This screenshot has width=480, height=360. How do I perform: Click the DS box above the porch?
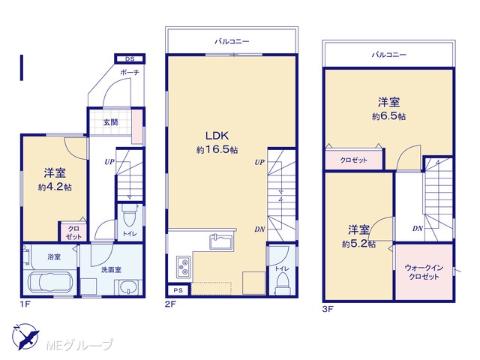tap(130, 58)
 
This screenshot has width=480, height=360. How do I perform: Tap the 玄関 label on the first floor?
tap(110, 122)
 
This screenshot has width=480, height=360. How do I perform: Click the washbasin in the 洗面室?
tap(128, 288)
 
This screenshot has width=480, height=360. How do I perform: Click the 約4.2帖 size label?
tap(55, 187)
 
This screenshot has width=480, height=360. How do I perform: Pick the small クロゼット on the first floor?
tap(73, 232)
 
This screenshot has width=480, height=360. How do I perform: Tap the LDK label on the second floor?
tap(217, 136)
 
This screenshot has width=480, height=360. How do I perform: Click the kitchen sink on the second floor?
tap(222, 241)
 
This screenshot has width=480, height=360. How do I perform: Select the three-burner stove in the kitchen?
tap(184, 267)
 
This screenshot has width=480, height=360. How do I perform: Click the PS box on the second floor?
tap(178, 290)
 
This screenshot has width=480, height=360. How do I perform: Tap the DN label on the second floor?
tap(259, 229)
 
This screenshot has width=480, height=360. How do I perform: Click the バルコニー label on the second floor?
tap(232, 41)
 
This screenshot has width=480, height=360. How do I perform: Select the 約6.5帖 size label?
tap(389, 116)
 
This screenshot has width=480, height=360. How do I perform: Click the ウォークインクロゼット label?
tap(424, 272)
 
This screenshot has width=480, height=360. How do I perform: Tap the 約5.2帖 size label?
tap(358, 244)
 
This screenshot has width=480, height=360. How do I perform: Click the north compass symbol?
tap(25, 337)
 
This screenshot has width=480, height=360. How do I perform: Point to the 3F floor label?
tap(327, 309)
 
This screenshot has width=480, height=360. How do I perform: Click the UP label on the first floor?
tap(109, 162)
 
